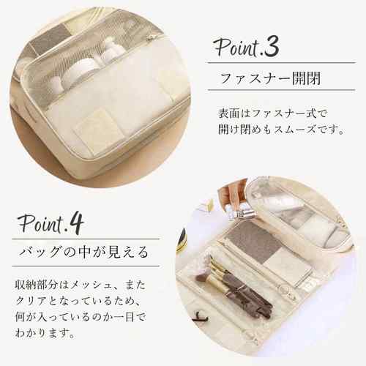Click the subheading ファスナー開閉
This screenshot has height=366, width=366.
[270, 78]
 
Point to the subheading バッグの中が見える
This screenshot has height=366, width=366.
[83, 252]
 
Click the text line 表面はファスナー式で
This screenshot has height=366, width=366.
[272, 113]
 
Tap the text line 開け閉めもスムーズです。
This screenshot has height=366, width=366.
[280, 130]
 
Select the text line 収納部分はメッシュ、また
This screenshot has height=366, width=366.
[81, 285]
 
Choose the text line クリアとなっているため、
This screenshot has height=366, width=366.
[78, 301]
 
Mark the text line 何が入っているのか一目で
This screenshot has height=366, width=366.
[81, 317]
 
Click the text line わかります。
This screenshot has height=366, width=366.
[45, 332]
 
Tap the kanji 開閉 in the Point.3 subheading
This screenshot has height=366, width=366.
[307, 78]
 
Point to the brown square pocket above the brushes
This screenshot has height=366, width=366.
[252, 243]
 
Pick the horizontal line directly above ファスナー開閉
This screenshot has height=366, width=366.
[282, 63]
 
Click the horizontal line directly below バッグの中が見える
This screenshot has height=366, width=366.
[86, 266]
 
